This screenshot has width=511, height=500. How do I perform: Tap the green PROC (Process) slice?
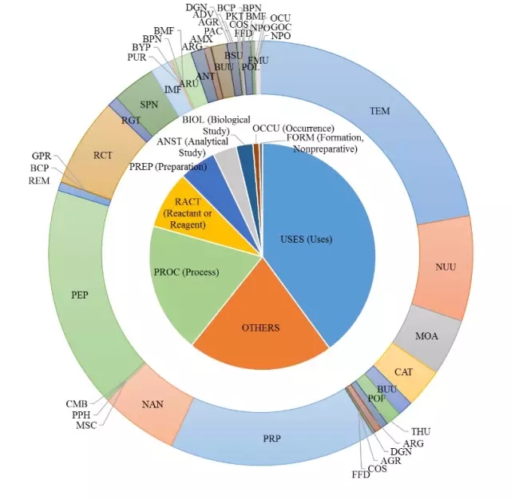pos(188,272)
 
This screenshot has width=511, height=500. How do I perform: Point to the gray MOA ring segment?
pos(426,335)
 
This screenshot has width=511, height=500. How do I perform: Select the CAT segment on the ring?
pos(403,371)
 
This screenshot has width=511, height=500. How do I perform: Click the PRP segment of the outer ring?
pos(271,438)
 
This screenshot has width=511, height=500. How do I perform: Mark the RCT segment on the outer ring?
pos(102,154)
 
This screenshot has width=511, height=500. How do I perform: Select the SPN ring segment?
pos(149,105)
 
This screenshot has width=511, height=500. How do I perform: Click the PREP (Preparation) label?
pos(168,166)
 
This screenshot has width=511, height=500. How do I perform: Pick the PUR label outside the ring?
pos(137,57)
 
